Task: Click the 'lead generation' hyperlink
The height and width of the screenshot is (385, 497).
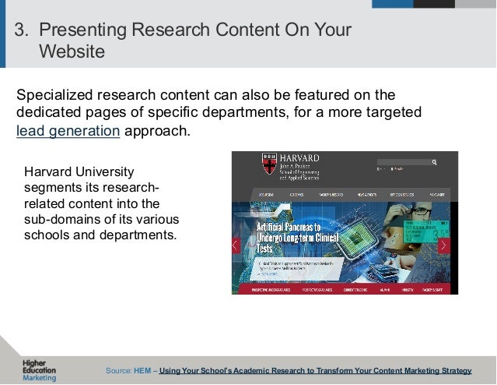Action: pos(68,130)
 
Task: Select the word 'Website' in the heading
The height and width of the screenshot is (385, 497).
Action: pos(71,52)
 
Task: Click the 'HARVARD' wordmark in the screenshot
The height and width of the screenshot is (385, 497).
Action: pos(296,158)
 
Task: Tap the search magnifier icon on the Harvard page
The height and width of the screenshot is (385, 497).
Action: pos(434,162)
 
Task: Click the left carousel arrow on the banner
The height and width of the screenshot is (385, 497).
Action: pos(236,245)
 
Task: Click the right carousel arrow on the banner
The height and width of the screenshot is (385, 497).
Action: pos(443,245)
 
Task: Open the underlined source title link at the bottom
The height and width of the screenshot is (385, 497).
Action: pos(315,370)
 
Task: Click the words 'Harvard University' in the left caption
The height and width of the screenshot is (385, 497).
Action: pos(79,171)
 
